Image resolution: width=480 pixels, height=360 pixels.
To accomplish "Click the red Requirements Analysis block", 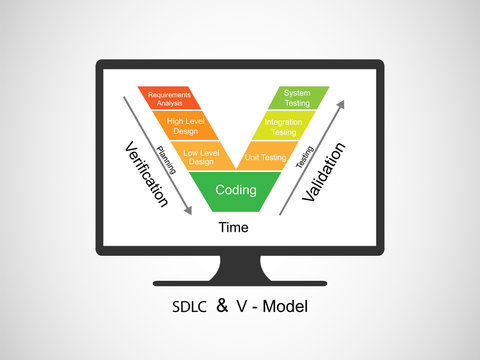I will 170,97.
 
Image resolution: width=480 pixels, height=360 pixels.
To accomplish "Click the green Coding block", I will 236,189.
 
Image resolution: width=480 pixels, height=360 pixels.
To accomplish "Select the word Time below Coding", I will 234,228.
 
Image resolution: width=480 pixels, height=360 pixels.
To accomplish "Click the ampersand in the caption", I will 222,305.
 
